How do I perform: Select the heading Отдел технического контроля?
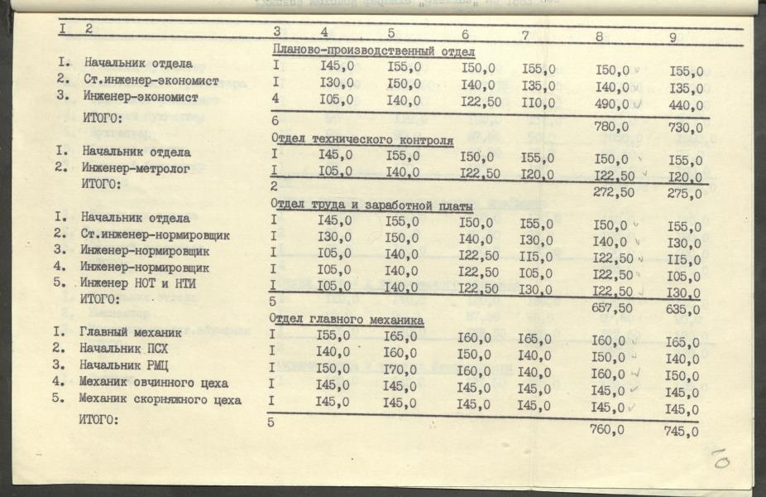click(x=363, y=141)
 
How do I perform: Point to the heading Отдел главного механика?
click(x=348, y=321)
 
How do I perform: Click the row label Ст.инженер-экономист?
click(x=151, y=81)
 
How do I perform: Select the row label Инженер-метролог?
click(x=136, y=168)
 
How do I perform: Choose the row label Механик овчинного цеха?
click(x=155, y=383)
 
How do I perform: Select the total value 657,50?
click(x=613, y=307)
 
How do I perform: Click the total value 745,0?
click(x=682, y=431)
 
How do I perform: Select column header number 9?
click(x=673, y=37)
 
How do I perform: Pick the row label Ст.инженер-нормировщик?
click(x=156, y=234)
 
